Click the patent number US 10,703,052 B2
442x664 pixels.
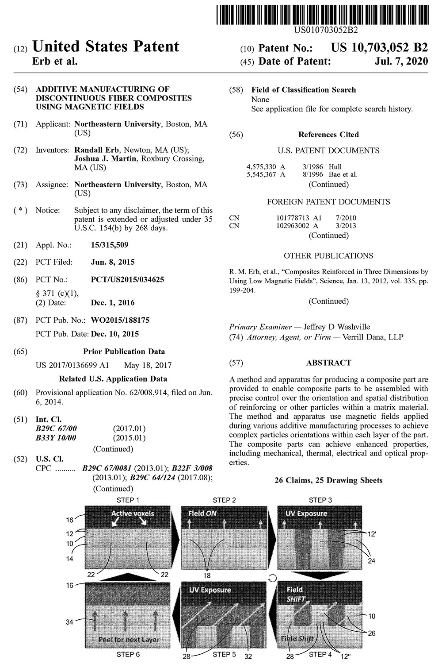(x=379, y=48)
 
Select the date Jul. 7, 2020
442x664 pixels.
(x=401, y=61)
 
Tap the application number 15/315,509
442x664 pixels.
(x=110, y=245)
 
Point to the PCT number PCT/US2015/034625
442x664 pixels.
(x=127, y=279)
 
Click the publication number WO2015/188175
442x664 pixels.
(x=120, y=320)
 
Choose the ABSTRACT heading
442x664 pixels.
(x=328, y=363)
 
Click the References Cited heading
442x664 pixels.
(x=328, y=135)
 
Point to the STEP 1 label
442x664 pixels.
(x=128, y=500)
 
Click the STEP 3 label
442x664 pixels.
(x=320, y=500)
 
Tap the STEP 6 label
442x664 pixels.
(x=128, y=654)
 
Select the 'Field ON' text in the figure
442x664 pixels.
(x=202, y=513)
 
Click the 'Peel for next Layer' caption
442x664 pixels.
(x=129, y=639)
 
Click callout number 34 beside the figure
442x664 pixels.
(x=69, y=622)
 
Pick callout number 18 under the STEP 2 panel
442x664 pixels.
(x=207, y=575)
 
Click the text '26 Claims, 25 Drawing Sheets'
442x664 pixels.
(x=328, y=480)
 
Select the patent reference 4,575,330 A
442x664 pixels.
(x=266, y=166)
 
